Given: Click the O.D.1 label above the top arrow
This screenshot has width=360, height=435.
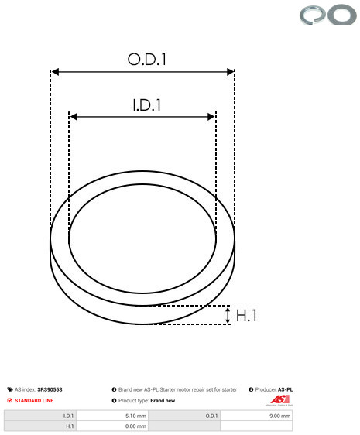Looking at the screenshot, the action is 147,60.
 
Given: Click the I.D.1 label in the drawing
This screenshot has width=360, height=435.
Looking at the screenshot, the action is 147,105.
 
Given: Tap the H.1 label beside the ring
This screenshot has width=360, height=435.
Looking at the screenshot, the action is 246,316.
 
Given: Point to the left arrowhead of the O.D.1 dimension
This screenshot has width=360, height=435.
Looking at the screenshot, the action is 55,72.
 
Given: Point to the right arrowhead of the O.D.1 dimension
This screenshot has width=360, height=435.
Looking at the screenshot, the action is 231,72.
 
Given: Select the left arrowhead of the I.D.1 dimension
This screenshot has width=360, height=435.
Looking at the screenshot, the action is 74,117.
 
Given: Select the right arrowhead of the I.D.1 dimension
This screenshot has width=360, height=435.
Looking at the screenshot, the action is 211,117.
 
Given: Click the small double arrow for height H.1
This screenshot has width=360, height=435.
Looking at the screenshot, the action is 228,315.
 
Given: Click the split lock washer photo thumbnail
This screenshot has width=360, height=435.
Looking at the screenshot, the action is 313,15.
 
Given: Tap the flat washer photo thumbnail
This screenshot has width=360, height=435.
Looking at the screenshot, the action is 342,14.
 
